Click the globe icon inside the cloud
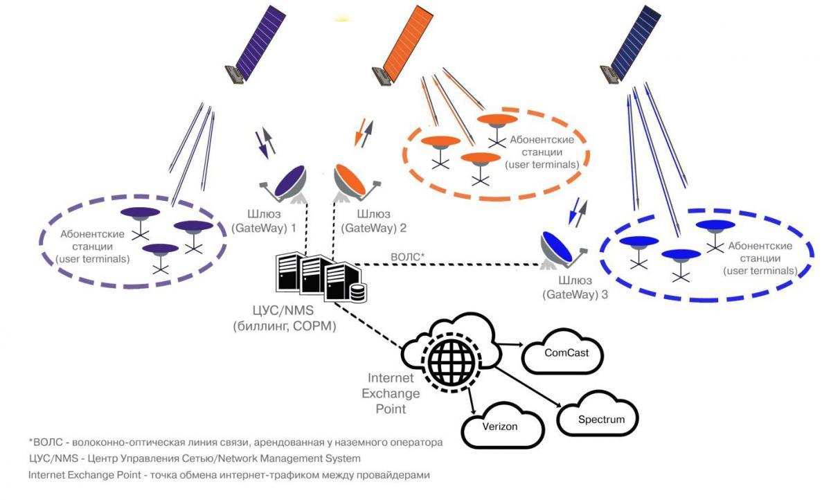450,359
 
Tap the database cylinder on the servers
358,293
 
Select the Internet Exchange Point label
393,393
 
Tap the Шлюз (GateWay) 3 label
574,287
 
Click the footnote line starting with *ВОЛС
235,441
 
